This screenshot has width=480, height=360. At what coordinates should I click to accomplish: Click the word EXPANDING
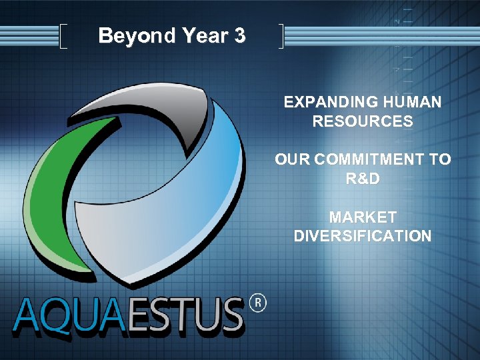coord(321,102)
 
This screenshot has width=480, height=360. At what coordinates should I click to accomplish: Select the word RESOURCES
coord(362,121)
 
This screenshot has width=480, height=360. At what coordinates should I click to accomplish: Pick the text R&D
coord(362,179)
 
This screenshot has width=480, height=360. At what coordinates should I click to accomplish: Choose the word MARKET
coord(362,217)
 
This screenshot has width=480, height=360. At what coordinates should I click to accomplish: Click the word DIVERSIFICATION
coord(362,236)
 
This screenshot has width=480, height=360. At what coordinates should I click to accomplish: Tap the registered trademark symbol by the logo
coord(257,304)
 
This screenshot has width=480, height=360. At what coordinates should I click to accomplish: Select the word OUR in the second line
coord(292,160)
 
